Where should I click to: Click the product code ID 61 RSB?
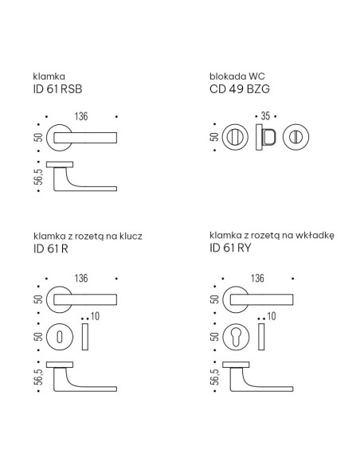click(57, 89)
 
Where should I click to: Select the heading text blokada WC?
click(237, 76)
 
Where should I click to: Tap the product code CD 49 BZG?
click(240, 89)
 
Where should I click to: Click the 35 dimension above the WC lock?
click(265, 116)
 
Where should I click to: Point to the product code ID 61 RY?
click(230, 248)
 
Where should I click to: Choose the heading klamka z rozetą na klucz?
click(88, 236)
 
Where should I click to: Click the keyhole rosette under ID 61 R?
click(60, 337)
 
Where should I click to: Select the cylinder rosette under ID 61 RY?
click(236, 337)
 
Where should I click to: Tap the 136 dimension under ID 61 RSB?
click(81, 116)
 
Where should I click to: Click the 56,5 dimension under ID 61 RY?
click(214, 377)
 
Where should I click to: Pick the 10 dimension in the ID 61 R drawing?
click(95, 316)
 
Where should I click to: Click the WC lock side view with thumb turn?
click(266, 137)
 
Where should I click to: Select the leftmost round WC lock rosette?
click(235, 137)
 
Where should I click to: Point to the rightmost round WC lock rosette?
click(295, 137)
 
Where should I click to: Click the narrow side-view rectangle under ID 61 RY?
click(261, 337)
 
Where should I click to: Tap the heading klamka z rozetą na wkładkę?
click(272, 236)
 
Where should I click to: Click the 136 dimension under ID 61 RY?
click(257, 278)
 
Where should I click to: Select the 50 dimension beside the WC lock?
click(214, 137)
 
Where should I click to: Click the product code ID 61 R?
click(51, 248)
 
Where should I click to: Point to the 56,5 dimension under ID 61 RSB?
click(38, 177)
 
